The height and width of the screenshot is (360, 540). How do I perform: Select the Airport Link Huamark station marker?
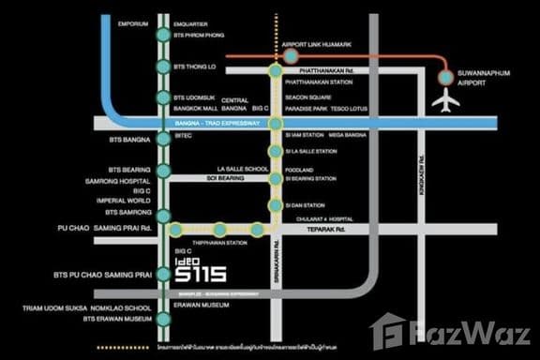coord(292,57)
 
